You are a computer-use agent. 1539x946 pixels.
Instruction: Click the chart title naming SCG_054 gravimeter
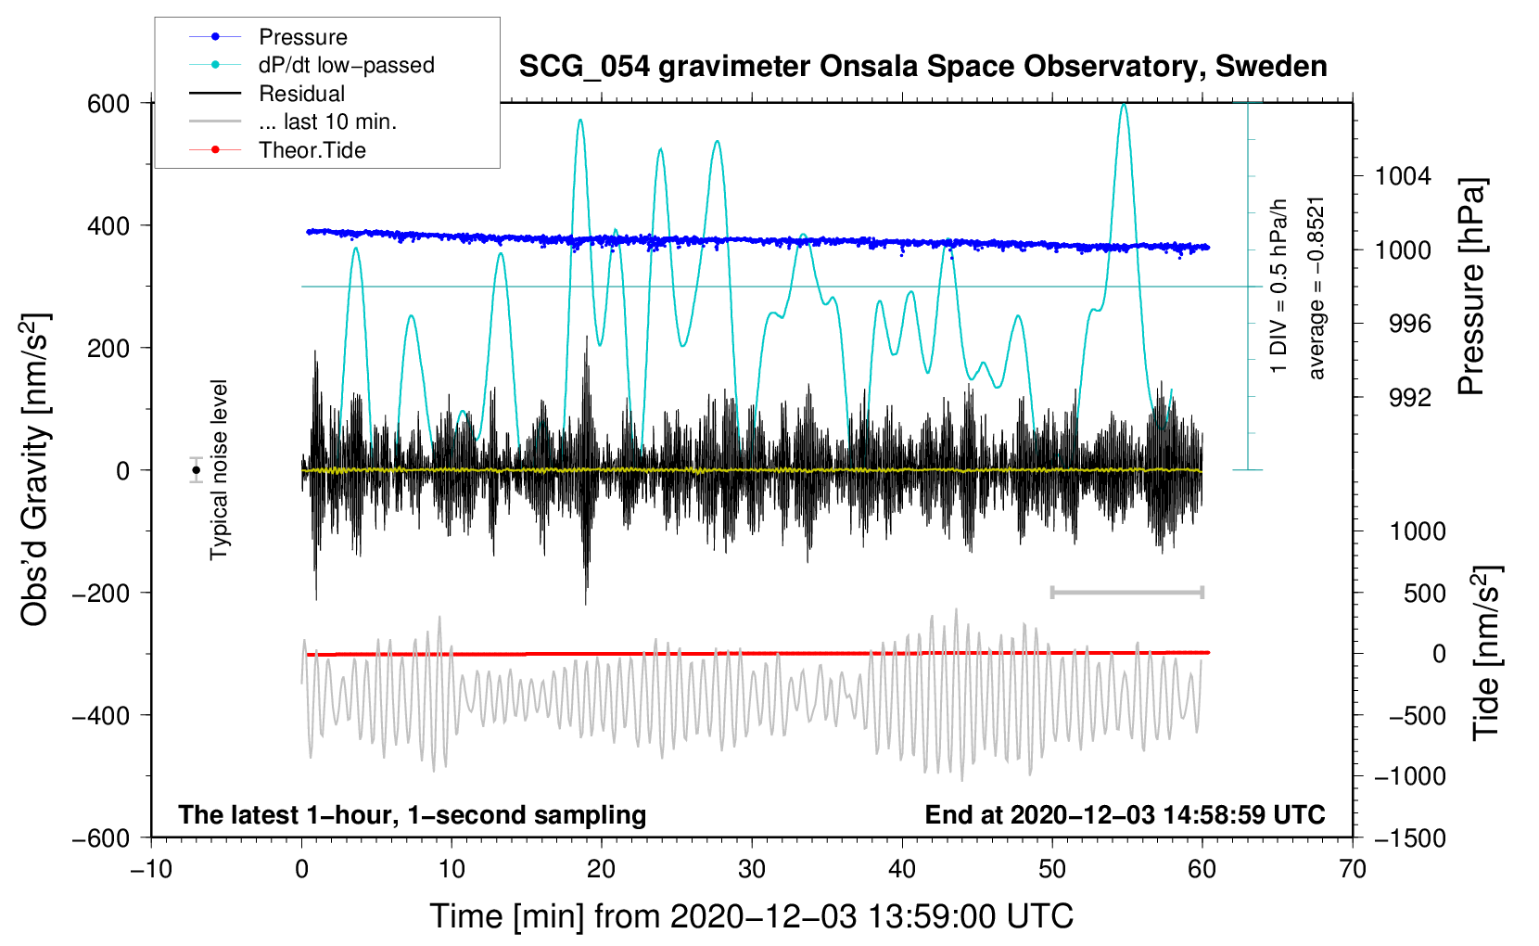(922, 67)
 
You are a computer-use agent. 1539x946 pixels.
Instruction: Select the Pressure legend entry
(302, 37)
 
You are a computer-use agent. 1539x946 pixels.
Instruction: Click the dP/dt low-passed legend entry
(346, 65)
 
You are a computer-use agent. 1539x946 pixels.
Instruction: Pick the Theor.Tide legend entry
(312, 150)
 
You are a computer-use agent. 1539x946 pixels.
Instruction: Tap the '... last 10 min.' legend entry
(327, 121)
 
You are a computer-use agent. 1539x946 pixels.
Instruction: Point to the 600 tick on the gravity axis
(108, 103)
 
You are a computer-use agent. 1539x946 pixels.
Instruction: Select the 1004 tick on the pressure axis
(1403, 176)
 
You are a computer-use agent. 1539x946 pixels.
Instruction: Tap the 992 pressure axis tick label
(1410, 398)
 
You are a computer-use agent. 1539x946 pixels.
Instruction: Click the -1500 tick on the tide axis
(1410, 837)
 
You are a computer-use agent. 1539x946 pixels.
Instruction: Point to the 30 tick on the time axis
(752, 869)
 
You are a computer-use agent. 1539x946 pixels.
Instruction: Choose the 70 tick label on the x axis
(1353, 869)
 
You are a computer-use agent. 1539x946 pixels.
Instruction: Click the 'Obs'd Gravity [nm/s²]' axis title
(35, 469)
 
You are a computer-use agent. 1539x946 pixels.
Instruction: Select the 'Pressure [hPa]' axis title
(1471, 288)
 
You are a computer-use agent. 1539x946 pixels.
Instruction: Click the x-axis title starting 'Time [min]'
(751, 916)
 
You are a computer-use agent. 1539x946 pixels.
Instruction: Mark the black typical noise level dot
(197, 470)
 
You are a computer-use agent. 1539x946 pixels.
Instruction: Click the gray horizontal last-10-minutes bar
(1126, 592)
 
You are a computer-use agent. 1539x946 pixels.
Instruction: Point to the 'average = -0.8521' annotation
(1316, 288)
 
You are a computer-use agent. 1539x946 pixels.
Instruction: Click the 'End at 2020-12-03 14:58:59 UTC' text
(1125, 814)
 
